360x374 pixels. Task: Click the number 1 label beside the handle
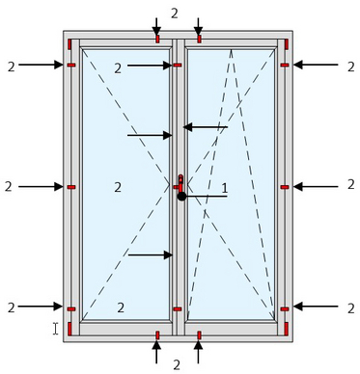tap(225, 187)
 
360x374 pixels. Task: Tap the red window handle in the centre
tap(180, 184)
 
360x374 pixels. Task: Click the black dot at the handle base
tap(181, 197)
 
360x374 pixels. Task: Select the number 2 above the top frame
tap(175, 13)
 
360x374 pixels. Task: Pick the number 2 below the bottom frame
tap(177, 365)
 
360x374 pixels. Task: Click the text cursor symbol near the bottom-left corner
tap(56, 329)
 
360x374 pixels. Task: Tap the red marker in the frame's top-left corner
tap(69, 44)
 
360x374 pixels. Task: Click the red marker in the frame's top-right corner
tap(287, 44)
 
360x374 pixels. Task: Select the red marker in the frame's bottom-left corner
tap(69, 329)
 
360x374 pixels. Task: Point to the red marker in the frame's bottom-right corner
tap(286, 329)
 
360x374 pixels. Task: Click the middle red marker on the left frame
tap(71, 187)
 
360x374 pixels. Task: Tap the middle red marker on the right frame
tap(285, 187)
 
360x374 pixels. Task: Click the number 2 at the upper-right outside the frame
tap(350, 67)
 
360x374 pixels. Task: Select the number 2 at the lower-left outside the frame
tap(12, 307)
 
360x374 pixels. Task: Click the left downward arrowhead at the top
tap(156, 31)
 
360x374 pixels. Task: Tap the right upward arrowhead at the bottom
tap(198, 345)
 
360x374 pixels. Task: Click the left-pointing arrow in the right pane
tap(206, 127)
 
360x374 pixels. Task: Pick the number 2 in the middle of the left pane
tap(118, 187)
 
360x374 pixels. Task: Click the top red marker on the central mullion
tap(178, 66)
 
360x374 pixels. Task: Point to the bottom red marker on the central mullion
tap(178, 309)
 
